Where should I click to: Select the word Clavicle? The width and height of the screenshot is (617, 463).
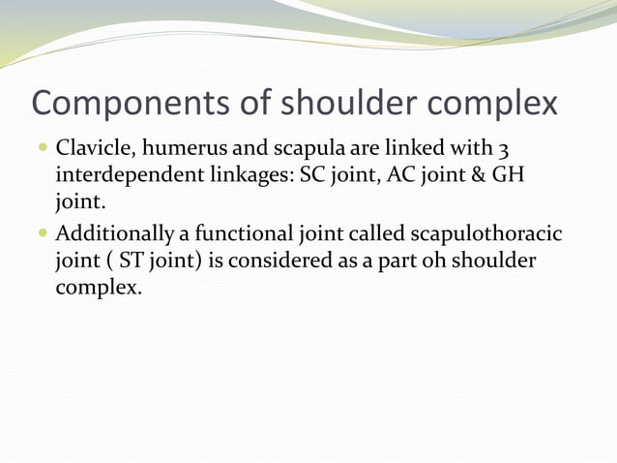coord(94,151)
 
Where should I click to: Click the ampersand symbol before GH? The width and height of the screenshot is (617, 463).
coord(476,179)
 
